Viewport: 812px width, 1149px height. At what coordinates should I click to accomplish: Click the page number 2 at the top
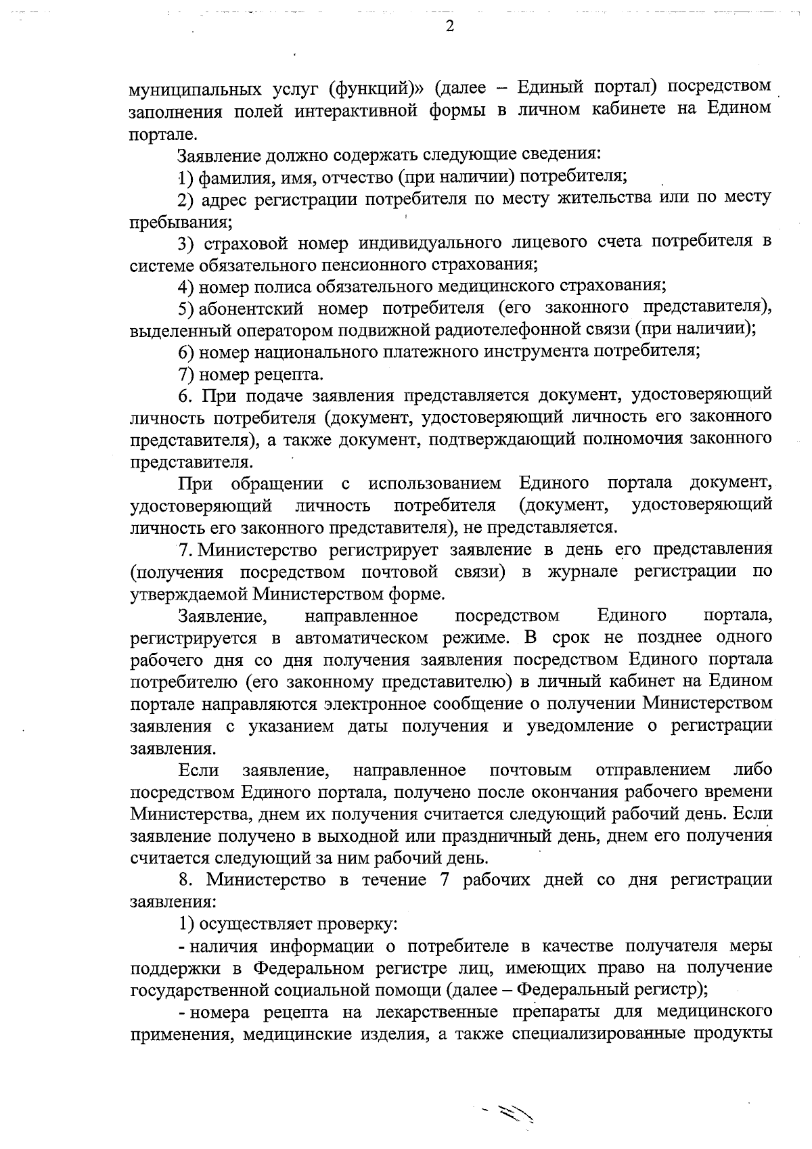pos(449,26)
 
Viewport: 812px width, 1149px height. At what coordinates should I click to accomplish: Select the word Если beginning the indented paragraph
pos(200,771)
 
